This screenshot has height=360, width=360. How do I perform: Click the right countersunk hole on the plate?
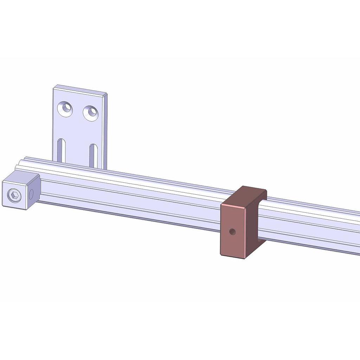[x=91, y=113]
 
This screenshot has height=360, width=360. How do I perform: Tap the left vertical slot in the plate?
[x=62, y=150]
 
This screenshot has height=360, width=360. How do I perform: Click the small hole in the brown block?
[x=232, y=231]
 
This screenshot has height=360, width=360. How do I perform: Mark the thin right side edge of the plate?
[x=105, y=134]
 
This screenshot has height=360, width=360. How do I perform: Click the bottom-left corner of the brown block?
[x=221, y=255]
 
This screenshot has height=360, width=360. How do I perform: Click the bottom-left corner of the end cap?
[x=3, y=206]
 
